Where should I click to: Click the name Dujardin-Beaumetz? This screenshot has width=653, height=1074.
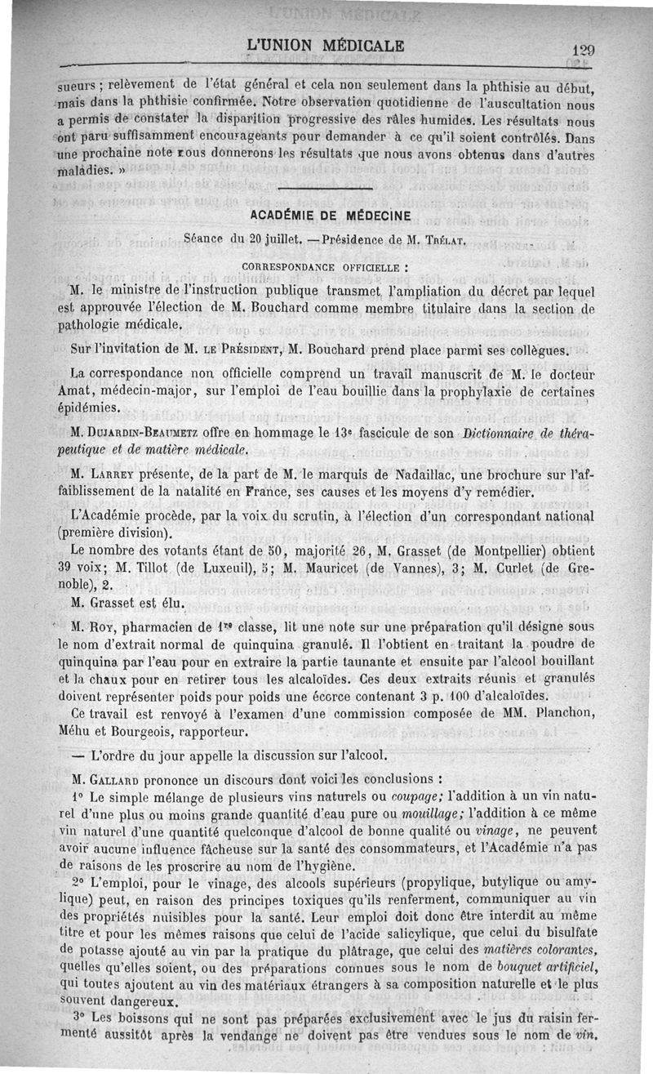click(x=126, y=431)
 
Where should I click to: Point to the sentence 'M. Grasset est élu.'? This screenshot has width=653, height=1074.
click(x=128, y=606)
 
